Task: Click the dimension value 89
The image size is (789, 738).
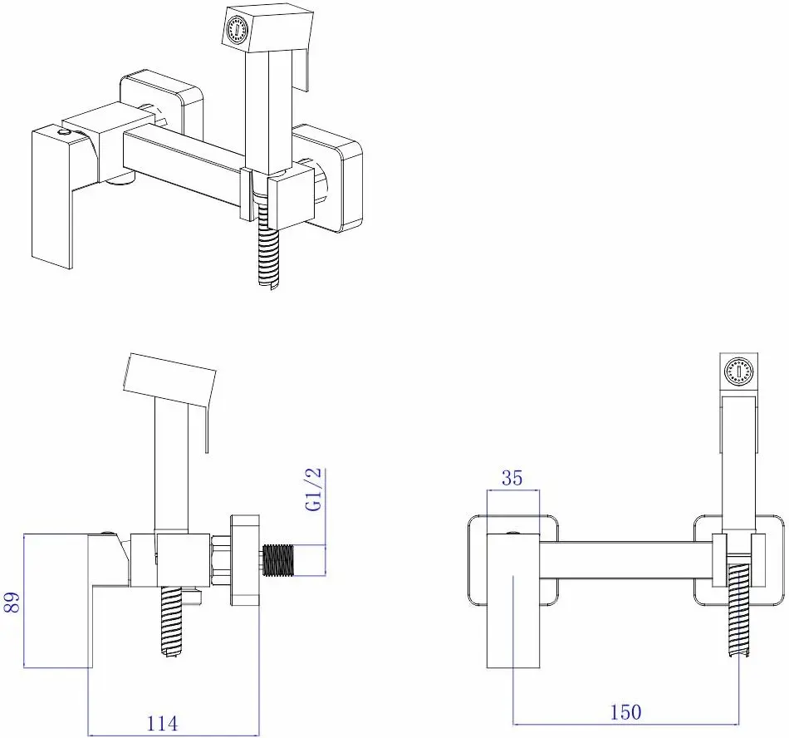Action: point(13,602)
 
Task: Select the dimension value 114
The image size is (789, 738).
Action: point(162,724)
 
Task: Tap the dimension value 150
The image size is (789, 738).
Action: point(626,712)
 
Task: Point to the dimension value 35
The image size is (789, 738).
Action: point(512,478)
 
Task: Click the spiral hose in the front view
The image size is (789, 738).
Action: point(739,610)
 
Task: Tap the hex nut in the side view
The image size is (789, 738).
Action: point(220,561)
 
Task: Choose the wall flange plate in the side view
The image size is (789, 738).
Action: point(245,560)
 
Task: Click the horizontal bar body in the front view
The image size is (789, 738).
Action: point(626,559)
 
